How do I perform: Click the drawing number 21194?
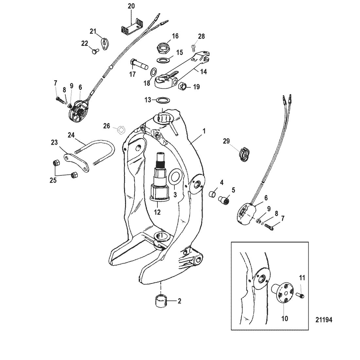(324, 320)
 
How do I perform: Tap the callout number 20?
(131, 6)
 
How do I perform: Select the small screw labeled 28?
(193, 47)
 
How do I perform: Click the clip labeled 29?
(243, 154)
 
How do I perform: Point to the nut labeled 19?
(183, 86)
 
